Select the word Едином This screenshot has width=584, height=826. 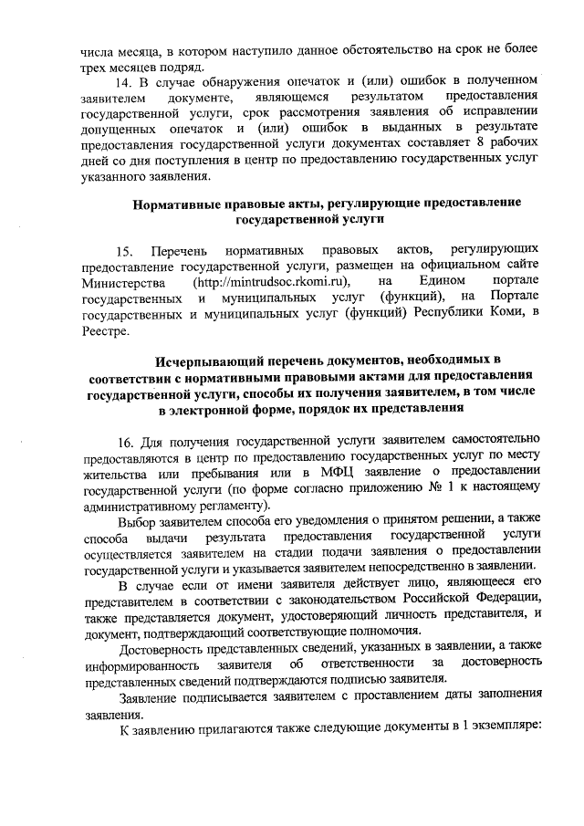(x=441, y=283)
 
